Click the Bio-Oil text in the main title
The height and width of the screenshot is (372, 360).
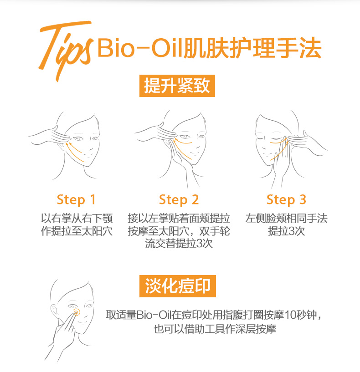click(139, 48)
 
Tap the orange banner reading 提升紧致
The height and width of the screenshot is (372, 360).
click(177, 86)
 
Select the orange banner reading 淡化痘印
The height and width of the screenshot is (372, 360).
click(178, 286)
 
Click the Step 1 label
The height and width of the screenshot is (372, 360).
click(76, 200)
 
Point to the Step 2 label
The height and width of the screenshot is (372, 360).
click(179, 200)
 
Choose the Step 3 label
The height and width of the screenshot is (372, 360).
click(286, 200)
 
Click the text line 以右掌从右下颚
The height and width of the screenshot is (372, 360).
click(77, 218)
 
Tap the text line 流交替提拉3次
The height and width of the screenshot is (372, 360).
click(179, 244)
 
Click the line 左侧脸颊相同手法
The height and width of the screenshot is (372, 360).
click(286, 218)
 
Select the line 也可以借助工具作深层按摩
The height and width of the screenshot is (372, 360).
click(215, 329)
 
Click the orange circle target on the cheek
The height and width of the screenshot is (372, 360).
click(76, 313)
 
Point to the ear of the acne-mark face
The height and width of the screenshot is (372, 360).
click(54, 311)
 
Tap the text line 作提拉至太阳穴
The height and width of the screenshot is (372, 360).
click(77, 231)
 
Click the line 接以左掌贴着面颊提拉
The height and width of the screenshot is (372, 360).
click(179, 218)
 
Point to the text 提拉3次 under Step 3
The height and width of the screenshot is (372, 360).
click(286, 231)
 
